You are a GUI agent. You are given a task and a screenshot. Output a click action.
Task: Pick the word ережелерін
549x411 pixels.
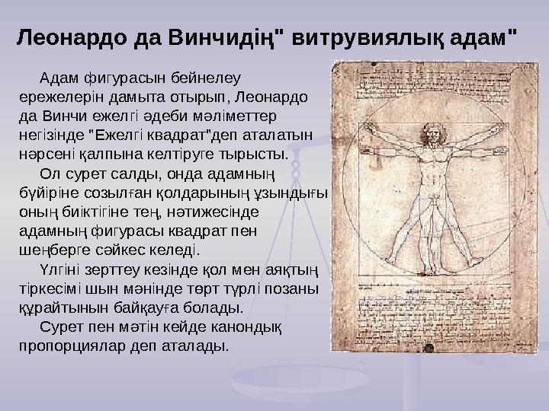(x=55, y=97)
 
